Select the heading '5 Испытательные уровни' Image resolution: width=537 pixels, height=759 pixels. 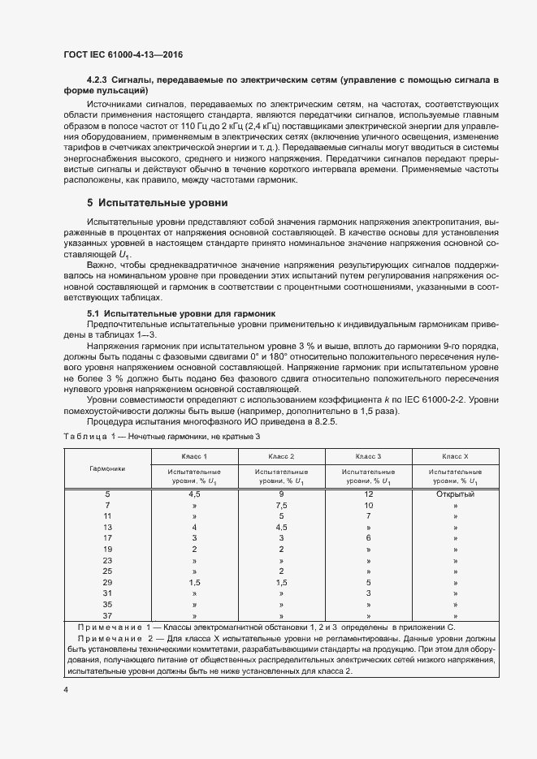click(x=158, y=225)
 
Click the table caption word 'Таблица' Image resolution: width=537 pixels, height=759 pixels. click(x=85, y=438)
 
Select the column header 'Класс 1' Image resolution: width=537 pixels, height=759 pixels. click(x=193, y=457)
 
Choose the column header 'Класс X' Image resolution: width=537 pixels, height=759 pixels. click(x=455, y=457)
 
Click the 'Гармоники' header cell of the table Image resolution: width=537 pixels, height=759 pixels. click(x=107, y=468)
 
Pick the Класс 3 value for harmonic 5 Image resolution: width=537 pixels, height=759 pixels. click(x=368, y=494)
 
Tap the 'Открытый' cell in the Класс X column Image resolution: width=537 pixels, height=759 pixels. click(x=455, y=494)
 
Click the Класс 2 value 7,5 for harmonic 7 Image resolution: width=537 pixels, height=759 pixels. click(x=281, y=505)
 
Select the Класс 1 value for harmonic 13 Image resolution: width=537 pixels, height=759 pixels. click(x=193, y=527)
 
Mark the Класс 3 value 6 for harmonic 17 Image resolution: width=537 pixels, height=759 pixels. click(x=368, y=538)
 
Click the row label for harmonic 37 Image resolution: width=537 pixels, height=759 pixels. click(x=107, y=615)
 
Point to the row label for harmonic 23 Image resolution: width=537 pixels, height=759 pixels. click(x=107, y=560)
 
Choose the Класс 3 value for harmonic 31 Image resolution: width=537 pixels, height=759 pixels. click(x=368, y=593)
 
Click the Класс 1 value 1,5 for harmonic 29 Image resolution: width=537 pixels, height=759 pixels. click(x=193, y=582)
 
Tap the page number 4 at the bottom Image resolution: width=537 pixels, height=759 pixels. click(x=66, y=689)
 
